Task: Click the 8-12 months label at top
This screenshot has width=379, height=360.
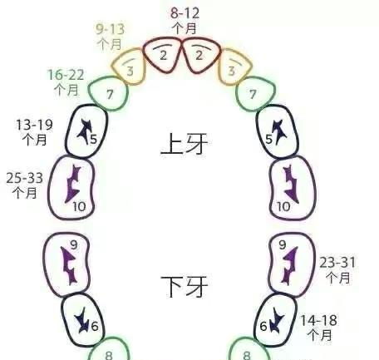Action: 185,21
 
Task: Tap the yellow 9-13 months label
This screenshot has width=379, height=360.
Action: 111,37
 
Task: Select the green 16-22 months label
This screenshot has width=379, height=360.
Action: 66,82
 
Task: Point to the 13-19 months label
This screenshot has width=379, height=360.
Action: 34,132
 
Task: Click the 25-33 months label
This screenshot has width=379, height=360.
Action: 25,185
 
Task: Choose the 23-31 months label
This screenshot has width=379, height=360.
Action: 337,269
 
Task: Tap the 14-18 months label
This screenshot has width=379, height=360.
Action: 319,328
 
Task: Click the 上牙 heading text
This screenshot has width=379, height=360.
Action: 185,144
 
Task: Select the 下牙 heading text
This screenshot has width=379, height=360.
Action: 185,286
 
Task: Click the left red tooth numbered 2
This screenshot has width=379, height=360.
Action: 163,56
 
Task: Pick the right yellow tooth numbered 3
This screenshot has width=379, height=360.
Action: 235,67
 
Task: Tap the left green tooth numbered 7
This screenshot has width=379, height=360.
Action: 108,93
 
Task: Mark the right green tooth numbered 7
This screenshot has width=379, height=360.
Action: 255,94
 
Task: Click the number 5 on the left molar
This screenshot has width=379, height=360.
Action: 94,139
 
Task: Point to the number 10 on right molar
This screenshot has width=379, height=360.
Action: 283,206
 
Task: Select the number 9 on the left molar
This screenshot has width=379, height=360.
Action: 74,244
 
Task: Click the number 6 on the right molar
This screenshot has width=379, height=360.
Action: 263,326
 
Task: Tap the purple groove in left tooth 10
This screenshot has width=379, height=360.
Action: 72,184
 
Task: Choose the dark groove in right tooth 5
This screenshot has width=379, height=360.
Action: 280,131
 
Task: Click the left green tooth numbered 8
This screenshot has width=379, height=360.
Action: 110,350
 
